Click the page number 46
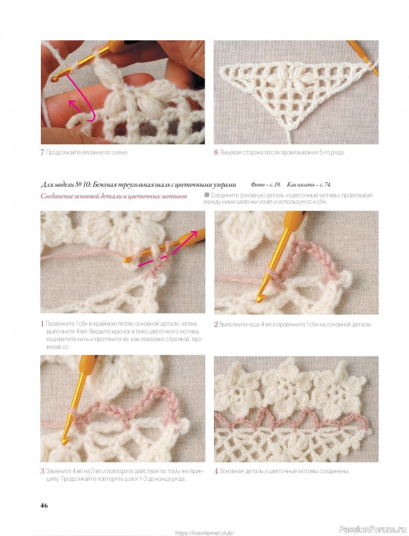[x=44, y=505]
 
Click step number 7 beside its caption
[x=42, y=153]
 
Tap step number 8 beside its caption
[x=216, y=153]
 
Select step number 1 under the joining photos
[x=42, y=324]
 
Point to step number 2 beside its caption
[x=216, y=324]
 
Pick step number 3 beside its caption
[x=42, y=472]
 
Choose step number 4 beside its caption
[x=216, y=472]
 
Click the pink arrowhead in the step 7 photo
[x=72, y=103]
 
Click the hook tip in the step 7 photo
[x=54, y=79]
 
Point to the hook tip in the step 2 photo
[x=259, y=299]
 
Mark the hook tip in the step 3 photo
[x=64, y=442]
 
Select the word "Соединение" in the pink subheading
[x=57, y=196]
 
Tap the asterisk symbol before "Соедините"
[x=207, y=196]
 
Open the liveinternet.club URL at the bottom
[x=204, y=533]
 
